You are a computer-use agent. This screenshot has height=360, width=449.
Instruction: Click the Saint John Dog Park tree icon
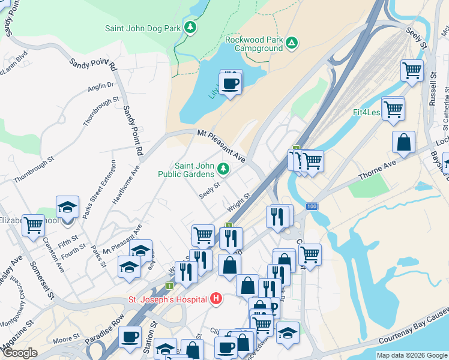click(x=190, y=28)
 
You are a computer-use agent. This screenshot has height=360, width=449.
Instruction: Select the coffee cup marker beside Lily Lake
click(x=230, y=83)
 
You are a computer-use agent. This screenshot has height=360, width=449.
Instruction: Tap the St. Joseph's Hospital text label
click(x=166, y=299)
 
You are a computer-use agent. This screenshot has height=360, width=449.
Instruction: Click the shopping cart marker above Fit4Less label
click(x=393, y=109)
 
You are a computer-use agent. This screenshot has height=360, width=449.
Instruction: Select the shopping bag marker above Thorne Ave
click(x=404, y=143)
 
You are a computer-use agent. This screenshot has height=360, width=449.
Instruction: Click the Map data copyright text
click(x=412, y=355)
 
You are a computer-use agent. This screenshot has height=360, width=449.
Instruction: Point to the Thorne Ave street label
click(x=378, y=172)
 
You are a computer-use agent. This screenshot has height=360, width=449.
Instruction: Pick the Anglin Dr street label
click(x=100, y=86)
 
